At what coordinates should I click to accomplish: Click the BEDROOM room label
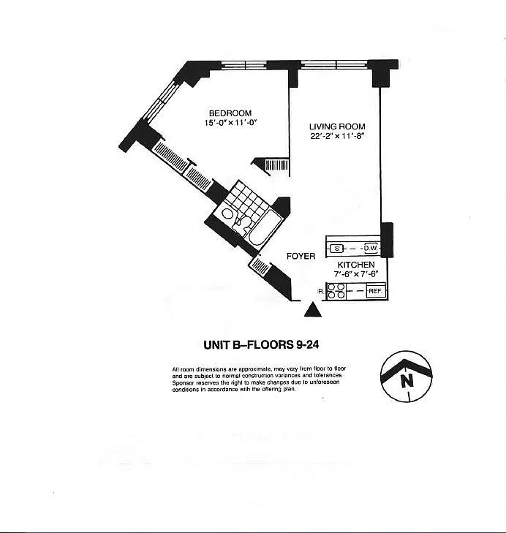230,113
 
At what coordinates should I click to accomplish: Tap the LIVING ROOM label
337,126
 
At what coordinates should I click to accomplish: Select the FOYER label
301,256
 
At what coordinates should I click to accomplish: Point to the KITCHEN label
355,265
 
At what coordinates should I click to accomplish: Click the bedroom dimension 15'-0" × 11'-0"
230,123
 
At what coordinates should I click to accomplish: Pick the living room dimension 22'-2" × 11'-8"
337,136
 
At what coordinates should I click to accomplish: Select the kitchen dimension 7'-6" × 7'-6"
355,274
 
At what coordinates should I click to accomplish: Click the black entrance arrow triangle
312,310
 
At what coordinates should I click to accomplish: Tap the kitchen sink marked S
336,249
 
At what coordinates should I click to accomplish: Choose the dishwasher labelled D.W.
370,248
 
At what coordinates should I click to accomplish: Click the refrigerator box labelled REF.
375,291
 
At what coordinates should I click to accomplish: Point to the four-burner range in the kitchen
336,291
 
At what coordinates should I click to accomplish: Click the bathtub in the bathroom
265,227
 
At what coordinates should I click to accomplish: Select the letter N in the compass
407,380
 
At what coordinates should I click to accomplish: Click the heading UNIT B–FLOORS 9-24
261,344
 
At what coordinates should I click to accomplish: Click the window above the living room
335,64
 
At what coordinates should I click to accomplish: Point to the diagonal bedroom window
161,100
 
